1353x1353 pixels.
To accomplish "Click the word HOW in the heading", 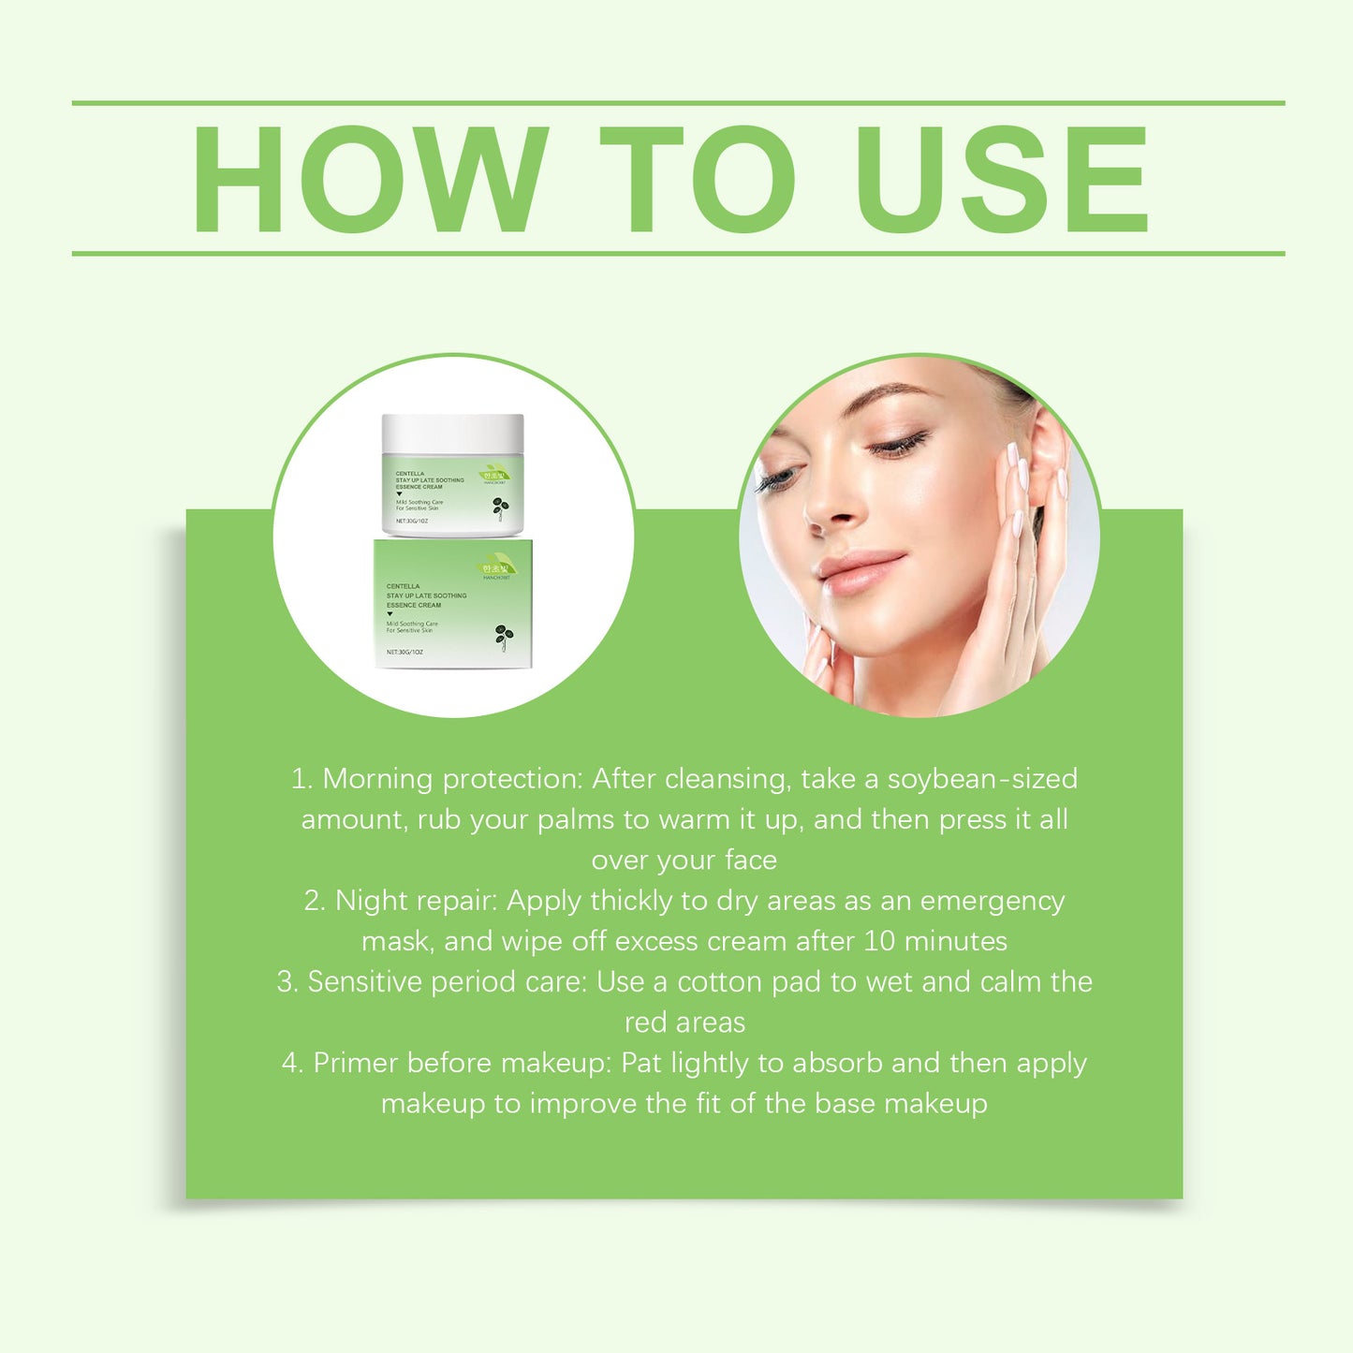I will [x=370, y=179].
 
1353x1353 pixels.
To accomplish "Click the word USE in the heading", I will [x=1001, y=179].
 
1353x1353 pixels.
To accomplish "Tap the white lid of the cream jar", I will [x=452, y=433].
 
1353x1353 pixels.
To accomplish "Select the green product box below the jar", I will [x=453, y=604].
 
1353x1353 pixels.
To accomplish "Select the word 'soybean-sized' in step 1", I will [x=982, y=779].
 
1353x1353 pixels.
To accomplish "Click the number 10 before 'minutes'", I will [x=879, y=941].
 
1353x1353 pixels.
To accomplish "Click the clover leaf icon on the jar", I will [x=501, y=507].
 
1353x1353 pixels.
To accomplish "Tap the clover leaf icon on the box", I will [x=504, y=636].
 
